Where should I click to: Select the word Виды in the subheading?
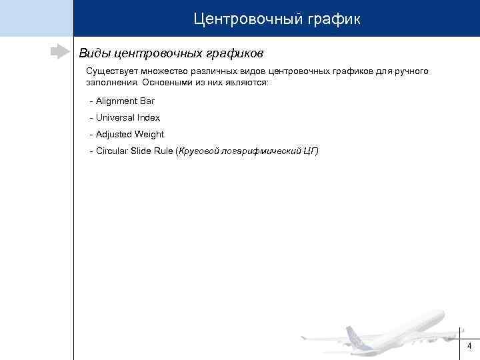pyautogui.click(x=95, y=52)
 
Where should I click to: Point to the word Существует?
pyautogui.click(x=110, y=71)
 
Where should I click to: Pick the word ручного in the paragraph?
pyautogui.click(x=413, y=71)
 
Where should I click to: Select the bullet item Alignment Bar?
pyautogui.click(x=125, y=101)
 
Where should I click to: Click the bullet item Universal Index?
pyautogui.click(x=127, y=117)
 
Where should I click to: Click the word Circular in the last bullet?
pyautogui.click(x=112, y=151)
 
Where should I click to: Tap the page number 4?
pyautogui.click(x=469, y=346)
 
